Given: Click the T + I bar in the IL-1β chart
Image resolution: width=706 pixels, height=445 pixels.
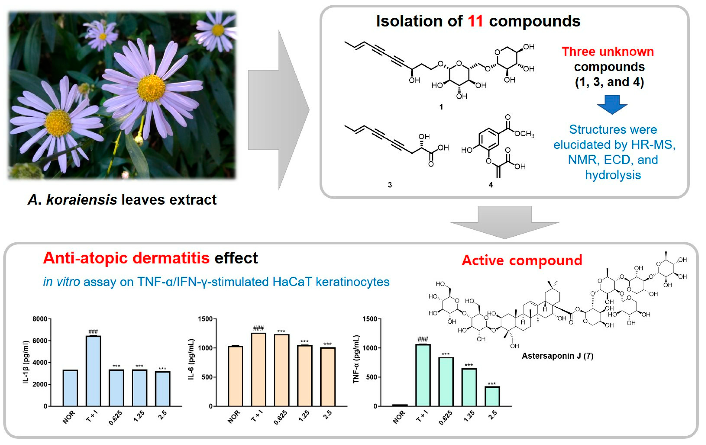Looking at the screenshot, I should pos(93,371).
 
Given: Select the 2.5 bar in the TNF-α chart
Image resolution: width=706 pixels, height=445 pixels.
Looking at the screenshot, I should pos(492,396).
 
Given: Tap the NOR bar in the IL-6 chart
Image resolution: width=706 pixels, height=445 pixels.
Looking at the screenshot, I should pos(235,376).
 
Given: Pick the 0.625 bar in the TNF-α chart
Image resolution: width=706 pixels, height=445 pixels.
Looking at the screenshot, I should pos(446,382).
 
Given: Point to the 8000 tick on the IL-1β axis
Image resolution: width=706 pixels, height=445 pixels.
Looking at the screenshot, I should pos(40,319).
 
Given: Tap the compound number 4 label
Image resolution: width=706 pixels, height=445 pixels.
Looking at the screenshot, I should pos(490,185).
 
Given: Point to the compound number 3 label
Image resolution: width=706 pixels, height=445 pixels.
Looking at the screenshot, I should pos(390,185).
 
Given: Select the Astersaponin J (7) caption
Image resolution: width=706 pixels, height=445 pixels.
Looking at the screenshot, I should pos(557,356).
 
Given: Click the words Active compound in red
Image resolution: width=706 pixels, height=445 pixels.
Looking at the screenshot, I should pos(522,260).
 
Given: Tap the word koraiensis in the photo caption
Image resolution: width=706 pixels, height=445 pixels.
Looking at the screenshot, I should pos(82,200).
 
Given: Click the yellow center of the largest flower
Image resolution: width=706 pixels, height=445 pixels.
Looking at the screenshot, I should pos(151,88).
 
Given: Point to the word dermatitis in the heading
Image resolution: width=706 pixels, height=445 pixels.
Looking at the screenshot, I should pos(171,258).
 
